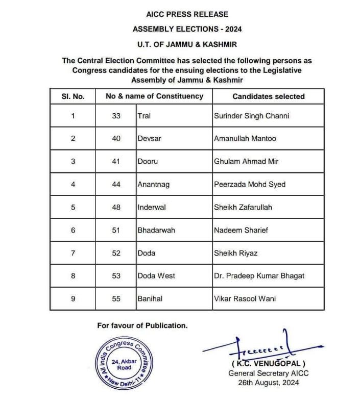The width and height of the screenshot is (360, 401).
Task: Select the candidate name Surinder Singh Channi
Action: click(252, 116)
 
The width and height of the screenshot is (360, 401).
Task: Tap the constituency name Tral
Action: click(144, 116)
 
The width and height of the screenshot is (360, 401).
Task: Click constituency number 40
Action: click(116, 138)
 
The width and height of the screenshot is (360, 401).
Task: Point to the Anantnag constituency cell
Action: click(154, 184)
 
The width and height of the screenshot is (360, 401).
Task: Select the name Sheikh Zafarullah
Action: click(244, 207)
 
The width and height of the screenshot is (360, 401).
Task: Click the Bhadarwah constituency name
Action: click(156, 230)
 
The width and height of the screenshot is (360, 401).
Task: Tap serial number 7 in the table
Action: click(73, 253)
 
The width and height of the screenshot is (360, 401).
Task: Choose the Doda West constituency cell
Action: click(156, 275)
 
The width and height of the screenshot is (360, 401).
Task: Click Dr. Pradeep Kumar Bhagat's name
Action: click(259, 275)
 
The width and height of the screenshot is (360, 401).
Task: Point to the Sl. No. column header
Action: click(73, 96)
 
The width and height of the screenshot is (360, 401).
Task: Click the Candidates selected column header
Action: click(268, 96)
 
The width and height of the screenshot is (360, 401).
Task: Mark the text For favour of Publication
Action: click(142, 325)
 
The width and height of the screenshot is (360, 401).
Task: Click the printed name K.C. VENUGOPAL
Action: click(269, 364)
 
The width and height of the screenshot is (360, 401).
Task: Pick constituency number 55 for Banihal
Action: click(116, 298)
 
